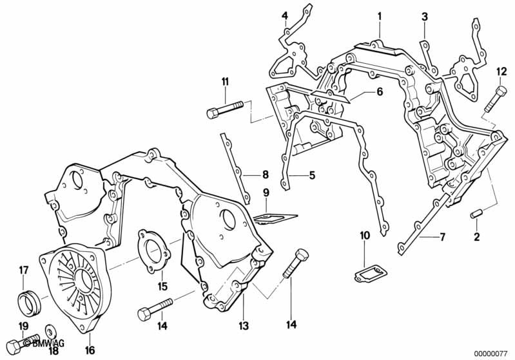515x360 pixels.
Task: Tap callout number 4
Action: (x=284, y=15)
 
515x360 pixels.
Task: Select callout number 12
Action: (x=501, y=71)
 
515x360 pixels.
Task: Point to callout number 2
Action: (x=476, y=237)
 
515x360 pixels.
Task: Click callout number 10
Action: (x=364, y=236)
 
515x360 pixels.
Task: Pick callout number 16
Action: (x=90, y=350)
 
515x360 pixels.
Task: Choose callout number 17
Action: (x=23, y=270)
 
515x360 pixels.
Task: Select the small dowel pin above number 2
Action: (x=476, y=213)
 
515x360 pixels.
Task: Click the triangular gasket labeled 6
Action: (x=331, y=99)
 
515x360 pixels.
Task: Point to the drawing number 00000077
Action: (x=492, y=353)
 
